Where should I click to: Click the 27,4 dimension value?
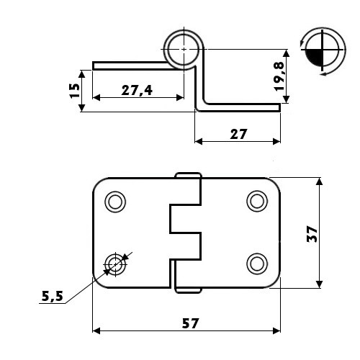137,90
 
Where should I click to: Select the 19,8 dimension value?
279,76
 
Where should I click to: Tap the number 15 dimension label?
75,91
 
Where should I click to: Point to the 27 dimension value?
238,134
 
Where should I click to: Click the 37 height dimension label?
312,234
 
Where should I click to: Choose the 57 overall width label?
190,323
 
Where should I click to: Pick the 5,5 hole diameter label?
53,296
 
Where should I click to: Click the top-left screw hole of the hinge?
115,202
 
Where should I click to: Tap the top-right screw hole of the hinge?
257,201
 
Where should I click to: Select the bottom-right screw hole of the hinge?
257,264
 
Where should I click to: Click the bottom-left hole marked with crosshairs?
115,264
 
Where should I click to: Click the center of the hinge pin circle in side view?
184,49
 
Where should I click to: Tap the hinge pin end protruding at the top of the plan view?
188,175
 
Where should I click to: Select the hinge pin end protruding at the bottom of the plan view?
188,290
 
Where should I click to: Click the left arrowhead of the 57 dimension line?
96,331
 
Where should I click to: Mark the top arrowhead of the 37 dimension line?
319,181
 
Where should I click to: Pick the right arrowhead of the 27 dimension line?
276,142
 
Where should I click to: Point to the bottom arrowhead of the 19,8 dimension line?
286,99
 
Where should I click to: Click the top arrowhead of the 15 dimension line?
82,73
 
